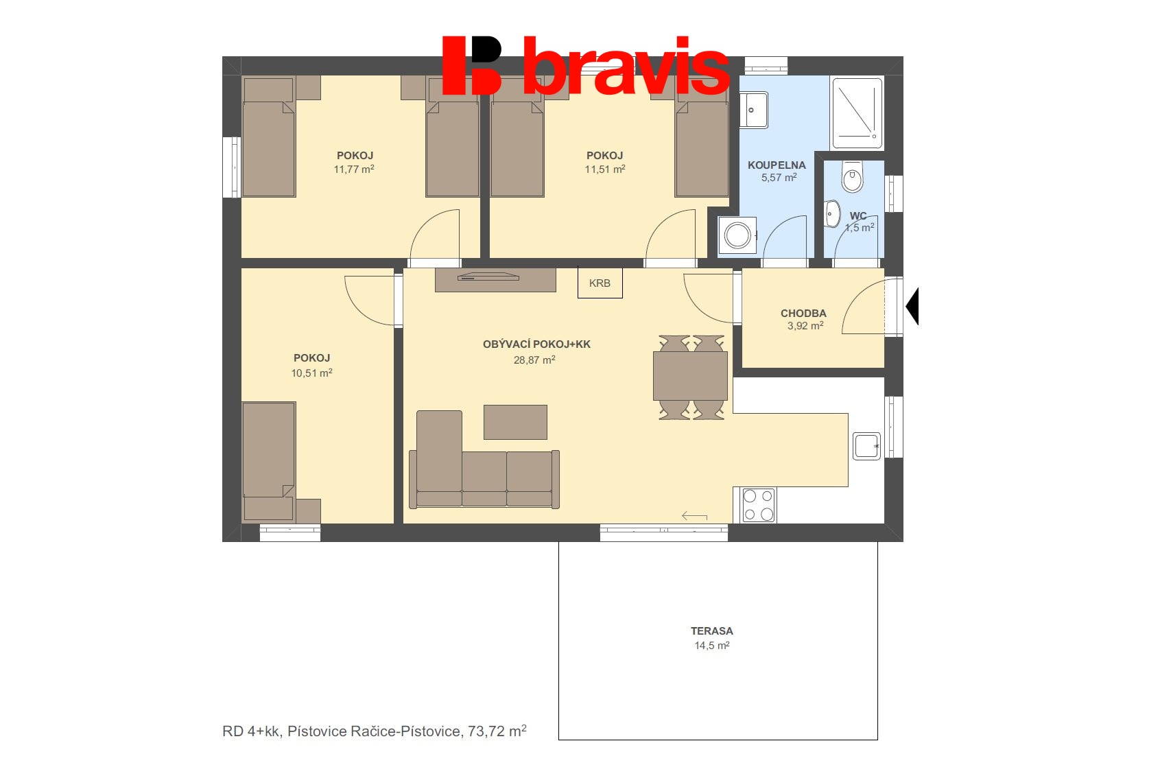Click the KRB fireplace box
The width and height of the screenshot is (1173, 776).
click(x=600, y=283)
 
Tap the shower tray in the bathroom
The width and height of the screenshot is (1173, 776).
click(x=857, y=113)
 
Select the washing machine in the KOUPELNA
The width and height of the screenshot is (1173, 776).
click(x=737, y=235)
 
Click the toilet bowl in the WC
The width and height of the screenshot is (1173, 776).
click(x=853, y=177)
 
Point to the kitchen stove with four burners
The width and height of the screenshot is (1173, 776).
click(x=759, y=505)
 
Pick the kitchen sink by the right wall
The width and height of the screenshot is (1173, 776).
click(x=866, y=446)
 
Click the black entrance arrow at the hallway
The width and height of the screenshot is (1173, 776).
click(x=912, y=306)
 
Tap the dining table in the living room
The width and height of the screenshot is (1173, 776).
click(x=690, y=376)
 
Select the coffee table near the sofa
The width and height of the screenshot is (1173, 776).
click(x=515, y=422)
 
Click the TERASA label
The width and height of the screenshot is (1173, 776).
click(x=711, y=631)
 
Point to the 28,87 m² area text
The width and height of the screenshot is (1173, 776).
click(x=534, y=360)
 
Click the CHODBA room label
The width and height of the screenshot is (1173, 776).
click(x=803, y=313)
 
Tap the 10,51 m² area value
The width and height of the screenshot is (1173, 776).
click(x=311, y=373)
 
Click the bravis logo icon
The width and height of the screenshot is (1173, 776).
click(x=472, y=65)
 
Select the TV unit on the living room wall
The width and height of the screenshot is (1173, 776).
click(x=495, y=280)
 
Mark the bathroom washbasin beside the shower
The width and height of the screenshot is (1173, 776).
click(x=754, y=110)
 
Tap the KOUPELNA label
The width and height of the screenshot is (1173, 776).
click(x=777, y=165)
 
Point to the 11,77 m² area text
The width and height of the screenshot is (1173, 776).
click(x=354, y=169)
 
